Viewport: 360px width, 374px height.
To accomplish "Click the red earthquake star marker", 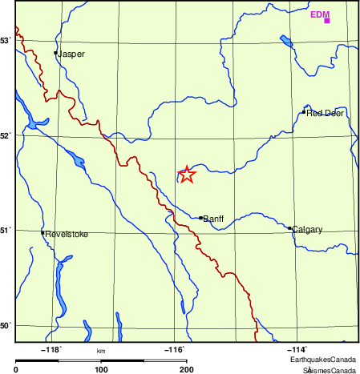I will [186, 174].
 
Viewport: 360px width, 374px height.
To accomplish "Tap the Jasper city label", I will [71, 54].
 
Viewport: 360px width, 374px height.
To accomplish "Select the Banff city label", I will [213, 218].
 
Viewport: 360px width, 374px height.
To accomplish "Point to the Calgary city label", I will [308, 230].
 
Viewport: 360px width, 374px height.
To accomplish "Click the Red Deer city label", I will [325, 114].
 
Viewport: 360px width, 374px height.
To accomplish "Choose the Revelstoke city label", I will [67, 235].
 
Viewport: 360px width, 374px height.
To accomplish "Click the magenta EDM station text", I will [319, 14].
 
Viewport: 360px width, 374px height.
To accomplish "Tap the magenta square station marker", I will [327, 20].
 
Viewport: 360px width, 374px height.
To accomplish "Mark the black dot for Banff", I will [200, 217].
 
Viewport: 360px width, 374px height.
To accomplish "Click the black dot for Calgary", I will [289, 228].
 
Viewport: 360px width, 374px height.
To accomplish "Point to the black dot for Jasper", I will [55, 53].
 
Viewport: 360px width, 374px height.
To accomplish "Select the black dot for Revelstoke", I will [42, 232].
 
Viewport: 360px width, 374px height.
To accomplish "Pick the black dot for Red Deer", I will [304, 112].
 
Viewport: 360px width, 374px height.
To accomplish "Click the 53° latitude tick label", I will [6, 40].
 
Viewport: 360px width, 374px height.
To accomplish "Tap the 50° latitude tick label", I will [6, 326].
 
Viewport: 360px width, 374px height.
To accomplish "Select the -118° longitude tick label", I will [52, 349].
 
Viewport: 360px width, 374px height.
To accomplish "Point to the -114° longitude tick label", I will [297, 349].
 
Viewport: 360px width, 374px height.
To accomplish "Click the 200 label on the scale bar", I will [186, 369].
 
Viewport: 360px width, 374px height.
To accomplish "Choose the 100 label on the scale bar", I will [101, 369].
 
